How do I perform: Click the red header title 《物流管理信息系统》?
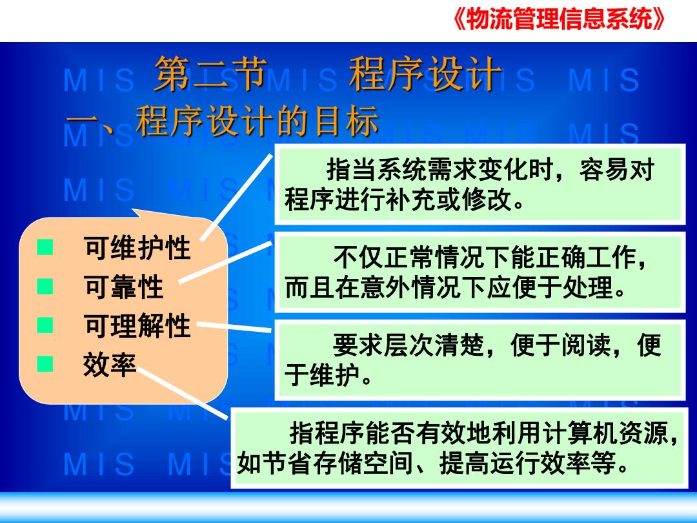(560, 19)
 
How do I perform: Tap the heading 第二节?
(210, 74)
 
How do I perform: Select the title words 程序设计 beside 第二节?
(425, 74)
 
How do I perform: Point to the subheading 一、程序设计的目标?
(222, 121)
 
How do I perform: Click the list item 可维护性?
(137, 247)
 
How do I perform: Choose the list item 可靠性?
(123, 287)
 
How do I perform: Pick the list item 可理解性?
(137, 325)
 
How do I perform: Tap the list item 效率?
(110, 365)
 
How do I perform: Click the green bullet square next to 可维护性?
(45, 247)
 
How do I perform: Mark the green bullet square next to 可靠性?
(45, 286)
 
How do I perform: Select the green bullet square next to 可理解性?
(45, 325)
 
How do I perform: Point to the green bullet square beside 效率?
(45, 364)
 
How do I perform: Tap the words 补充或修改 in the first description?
(449, 200)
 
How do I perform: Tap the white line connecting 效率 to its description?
(183, 393)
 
